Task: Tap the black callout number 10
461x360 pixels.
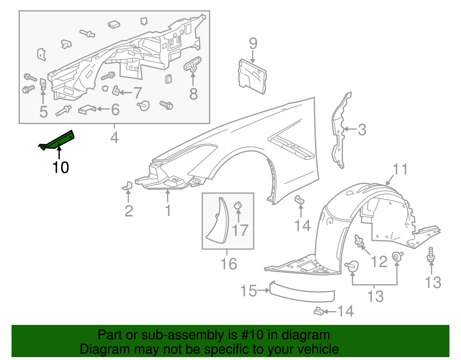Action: pos(61,167)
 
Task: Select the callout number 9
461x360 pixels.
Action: pos(253,44)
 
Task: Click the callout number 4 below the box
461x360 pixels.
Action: pos(114,137)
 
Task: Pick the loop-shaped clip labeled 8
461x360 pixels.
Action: pos(192,64)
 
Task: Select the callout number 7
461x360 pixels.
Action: pos(137,93)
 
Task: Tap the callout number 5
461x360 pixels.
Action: pos(44,112)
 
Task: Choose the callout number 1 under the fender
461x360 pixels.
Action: pos(168,210)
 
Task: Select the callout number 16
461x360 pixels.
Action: pos(228,264)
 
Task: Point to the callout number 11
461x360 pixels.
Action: pos(400,169)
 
